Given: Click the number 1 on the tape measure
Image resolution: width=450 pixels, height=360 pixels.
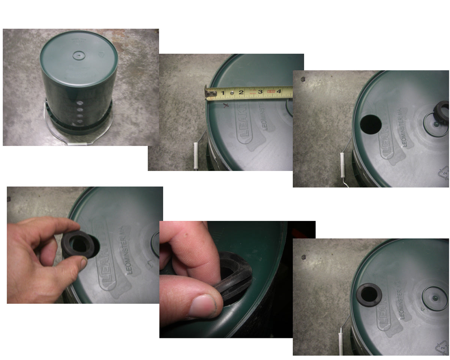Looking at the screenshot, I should [222, 92].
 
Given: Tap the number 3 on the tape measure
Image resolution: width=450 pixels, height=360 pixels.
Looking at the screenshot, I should [260, 91].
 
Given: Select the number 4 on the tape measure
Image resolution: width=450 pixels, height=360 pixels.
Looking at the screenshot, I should [279, 91].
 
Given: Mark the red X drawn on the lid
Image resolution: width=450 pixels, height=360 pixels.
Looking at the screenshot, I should [226, 106].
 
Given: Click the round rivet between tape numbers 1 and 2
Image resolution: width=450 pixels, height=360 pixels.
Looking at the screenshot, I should [232, 91].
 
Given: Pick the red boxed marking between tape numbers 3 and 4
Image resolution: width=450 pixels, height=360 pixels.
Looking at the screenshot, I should [271, 91].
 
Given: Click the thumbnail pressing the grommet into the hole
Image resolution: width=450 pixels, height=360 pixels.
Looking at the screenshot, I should [202, 306].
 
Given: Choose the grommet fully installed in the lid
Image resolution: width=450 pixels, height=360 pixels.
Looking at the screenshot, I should [369, 295].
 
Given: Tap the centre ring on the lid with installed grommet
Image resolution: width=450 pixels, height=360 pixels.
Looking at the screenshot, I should [435, 298].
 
